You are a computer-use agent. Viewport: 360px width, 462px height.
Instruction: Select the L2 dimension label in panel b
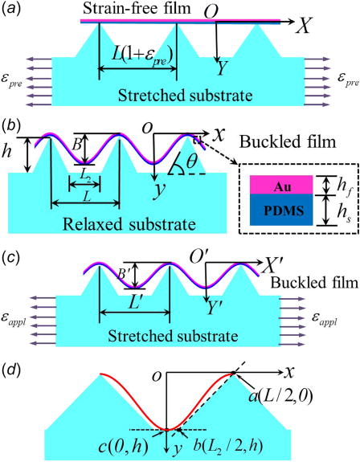[x=84, y=175]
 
